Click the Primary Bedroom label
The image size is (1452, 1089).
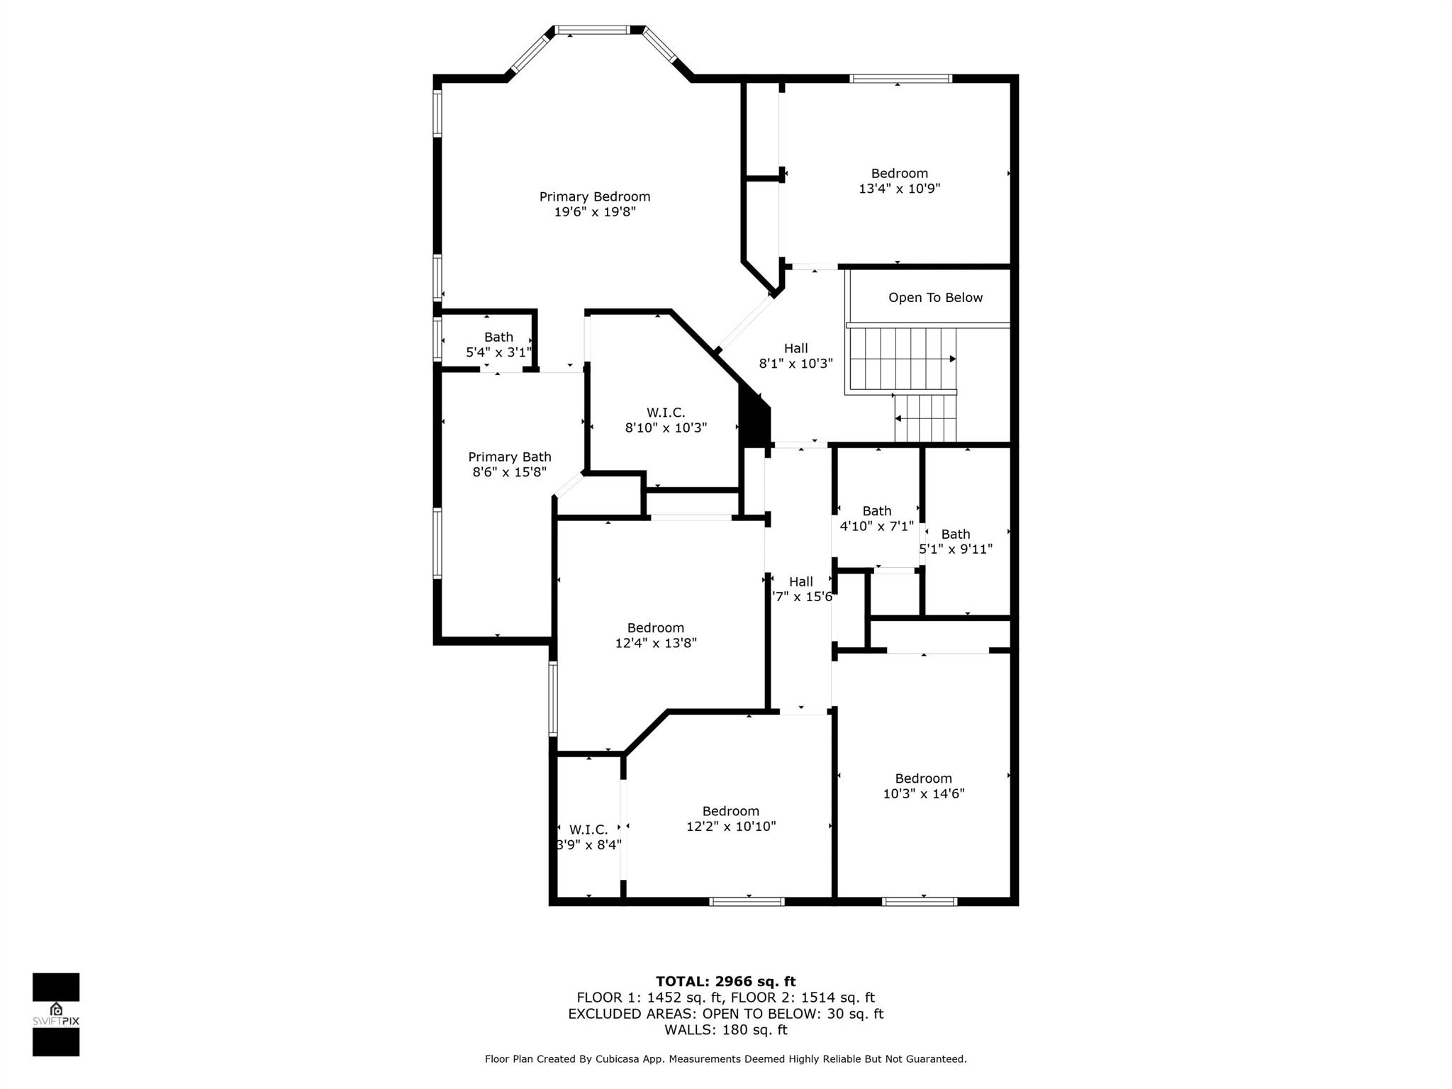(x=594, y=196)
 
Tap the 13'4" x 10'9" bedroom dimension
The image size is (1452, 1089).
(x=899, y=189)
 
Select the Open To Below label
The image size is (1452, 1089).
(x=935, y=298)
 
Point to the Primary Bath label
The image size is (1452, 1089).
(x=509, y=457)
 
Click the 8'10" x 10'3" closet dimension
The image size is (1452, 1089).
(x=666, y=428)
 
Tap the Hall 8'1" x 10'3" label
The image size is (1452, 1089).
(x=795, y=356)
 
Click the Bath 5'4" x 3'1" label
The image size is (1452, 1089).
(x=498, y=345)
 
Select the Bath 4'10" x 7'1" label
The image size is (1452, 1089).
(x=876, y=518)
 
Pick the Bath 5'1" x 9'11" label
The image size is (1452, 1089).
(x=956, y=542)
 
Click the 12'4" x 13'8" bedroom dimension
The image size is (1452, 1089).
(x=656, y=643)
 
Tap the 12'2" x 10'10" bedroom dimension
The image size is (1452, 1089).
(x=731, y=827)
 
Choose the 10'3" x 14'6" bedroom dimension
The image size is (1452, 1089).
(x=923, y=794)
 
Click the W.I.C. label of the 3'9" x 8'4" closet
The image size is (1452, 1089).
(x=588, y=830)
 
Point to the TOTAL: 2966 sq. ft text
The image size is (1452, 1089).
(x=725, y=981)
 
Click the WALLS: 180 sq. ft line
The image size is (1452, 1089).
(x=725, y=1029)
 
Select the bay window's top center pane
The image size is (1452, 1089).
(x=593, y=30)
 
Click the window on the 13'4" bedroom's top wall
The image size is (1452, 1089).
(x=900, y=79)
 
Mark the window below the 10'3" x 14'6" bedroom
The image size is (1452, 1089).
(x=920, y=902)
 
